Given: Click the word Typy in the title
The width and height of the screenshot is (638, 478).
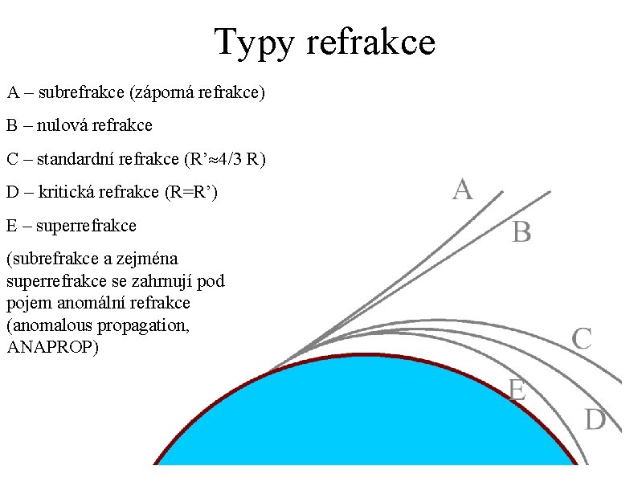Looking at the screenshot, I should coord(256,43).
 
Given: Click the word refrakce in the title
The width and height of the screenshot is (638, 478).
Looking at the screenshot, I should coord(371,43).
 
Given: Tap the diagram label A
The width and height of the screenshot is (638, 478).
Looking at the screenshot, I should coord(462,190).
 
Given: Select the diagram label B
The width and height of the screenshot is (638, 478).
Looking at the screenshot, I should coord(521,234).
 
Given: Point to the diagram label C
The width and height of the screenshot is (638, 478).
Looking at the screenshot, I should coord(581,338).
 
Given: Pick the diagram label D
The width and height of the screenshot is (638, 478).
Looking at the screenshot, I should coord(595,419).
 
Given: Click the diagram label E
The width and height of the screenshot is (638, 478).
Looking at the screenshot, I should coord(517,390).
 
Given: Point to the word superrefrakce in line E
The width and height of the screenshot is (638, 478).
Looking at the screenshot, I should coord(86,226).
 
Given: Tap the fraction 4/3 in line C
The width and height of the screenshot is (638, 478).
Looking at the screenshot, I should coord(230,159).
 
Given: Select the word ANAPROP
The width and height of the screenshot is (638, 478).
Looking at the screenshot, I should coord(53,348).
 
